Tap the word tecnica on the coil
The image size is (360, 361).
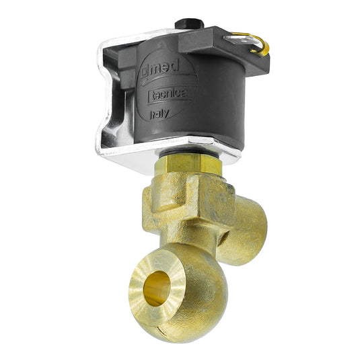[x=170, y=95]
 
